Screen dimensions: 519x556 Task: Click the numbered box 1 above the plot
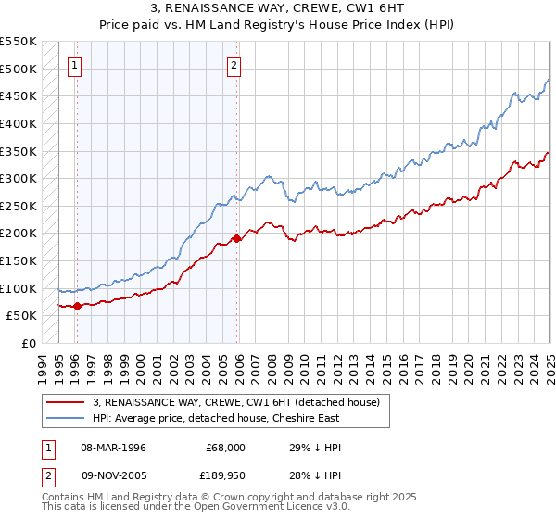[74, 65]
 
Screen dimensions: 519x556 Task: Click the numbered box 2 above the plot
[234, 65]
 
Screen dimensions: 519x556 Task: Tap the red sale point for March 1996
[77, 306]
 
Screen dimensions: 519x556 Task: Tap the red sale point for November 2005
[237, 238]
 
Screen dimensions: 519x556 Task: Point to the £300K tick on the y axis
[19, 178]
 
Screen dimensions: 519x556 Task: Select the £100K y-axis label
[19, 288]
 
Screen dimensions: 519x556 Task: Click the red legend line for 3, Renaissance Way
[67, 401]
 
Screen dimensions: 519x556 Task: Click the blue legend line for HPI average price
[67, 418]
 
